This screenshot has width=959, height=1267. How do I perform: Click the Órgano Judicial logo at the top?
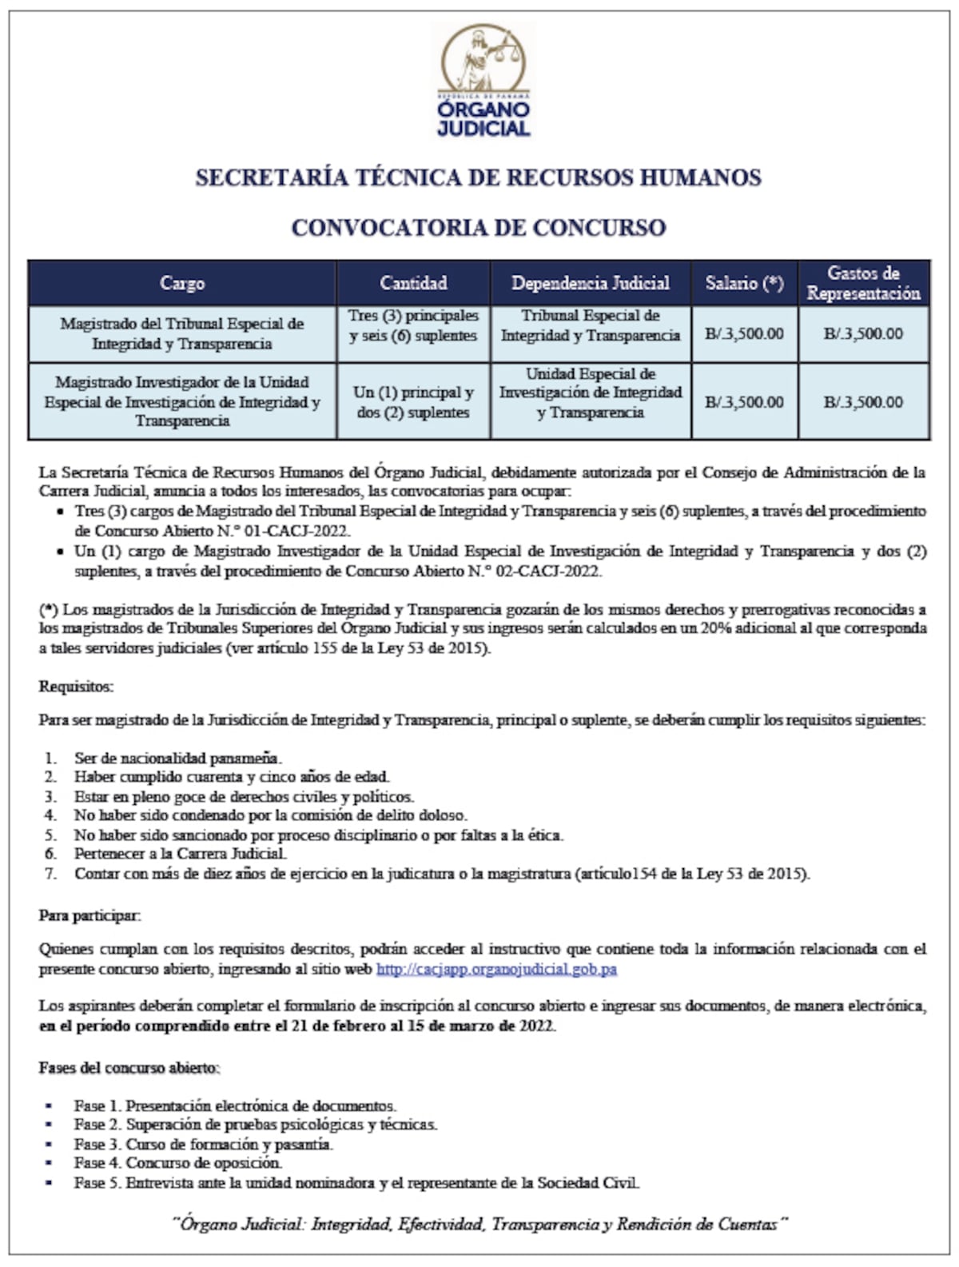tap(483, 80)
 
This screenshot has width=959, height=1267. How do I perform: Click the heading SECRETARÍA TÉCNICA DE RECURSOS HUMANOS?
tap(478, 177)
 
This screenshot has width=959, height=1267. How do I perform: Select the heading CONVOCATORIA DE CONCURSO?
tap(478, 228)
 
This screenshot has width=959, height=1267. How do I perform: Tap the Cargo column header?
tap(182, 283)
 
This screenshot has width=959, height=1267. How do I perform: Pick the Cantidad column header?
tap(413, 283)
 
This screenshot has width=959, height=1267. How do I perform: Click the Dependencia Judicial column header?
tap(591, 283)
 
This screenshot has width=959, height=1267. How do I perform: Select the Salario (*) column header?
tap(744, 283)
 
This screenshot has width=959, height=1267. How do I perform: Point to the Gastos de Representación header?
tap(863, 283)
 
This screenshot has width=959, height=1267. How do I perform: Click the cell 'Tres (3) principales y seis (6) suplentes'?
tap(413, 326)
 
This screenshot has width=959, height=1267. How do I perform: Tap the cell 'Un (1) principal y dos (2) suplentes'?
tap(413, 402)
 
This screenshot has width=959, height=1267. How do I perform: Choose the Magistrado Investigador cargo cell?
tap(182, 401)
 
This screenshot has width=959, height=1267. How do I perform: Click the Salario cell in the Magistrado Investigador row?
tap(744, 402)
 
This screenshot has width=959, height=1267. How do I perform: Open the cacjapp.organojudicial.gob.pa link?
tap(496, 969)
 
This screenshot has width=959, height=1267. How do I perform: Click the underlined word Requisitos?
tap(76, 687)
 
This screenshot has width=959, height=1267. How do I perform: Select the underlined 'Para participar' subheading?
tap(90, 916)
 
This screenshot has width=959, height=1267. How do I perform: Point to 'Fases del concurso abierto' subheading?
tap(129, 1068)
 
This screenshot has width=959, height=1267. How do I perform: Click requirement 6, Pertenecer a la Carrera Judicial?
tap(180, 854)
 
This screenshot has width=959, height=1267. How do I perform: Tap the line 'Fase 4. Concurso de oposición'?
tap(178, 1163)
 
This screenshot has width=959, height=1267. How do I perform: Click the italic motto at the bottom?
tap(479, 1224)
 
